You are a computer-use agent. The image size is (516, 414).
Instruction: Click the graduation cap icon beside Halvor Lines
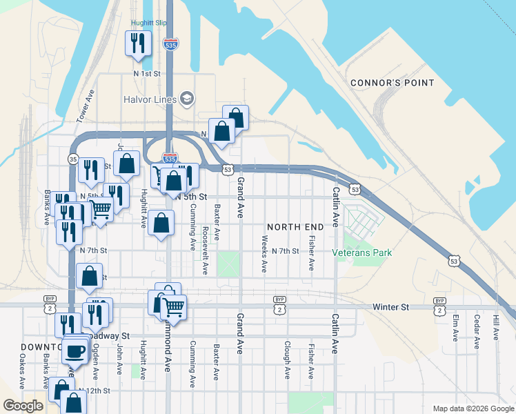(x=186, y=99)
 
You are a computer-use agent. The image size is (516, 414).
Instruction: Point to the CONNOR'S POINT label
(x=392, y=83)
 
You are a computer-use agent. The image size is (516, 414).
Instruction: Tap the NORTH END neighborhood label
(x=295, y=227)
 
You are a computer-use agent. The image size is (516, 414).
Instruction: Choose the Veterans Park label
(x=368, y=253)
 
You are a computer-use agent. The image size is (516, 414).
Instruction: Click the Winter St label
(x=390, y=306)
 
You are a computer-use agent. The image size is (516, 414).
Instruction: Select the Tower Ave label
(x=86, y=106)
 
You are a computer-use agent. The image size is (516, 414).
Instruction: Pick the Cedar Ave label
(x=477, y=328)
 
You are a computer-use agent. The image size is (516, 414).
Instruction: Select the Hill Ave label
(x=496, y=328)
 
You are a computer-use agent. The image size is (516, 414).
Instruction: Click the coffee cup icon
(x=75, y=351)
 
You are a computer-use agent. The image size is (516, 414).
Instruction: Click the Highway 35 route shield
(x=73, y=159)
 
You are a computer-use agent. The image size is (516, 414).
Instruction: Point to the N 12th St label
(x=95, y=391)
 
